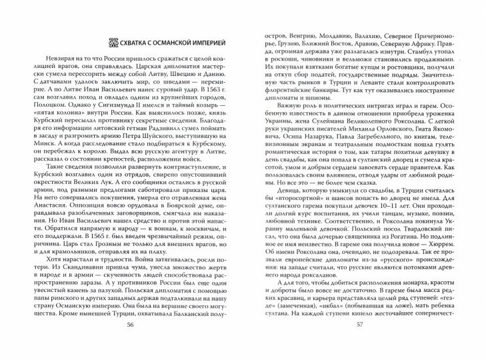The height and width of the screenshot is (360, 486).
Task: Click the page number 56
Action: (129, 345)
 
